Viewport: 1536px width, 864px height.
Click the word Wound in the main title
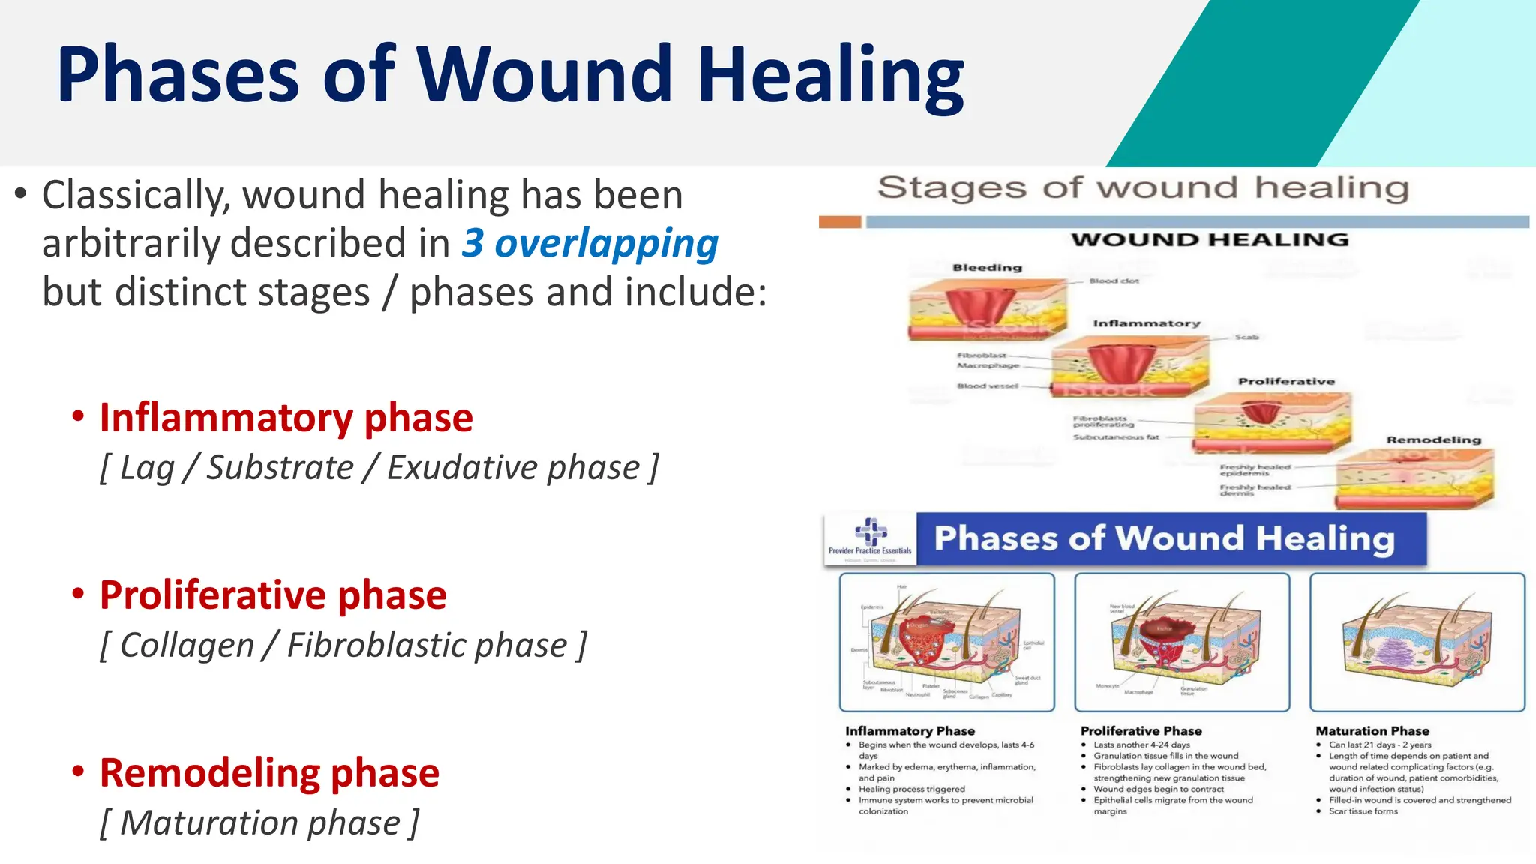tap(544, 74)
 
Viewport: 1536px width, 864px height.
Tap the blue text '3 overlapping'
tap(590, 243)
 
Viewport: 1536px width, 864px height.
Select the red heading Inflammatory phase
tap(286, 418)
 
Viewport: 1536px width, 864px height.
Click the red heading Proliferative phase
tap(273, 595)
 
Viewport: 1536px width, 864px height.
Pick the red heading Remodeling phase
tap(269, 773)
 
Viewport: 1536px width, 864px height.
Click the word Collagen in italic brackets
tap(187, 645)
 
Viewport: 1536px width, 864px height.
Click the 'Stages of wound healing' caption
tap(1143, 188)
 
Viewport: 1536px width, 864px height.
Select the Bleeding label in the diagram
tap(987, 268)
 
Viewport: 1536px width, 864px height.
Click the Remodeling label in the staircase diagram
tap(1433, 439)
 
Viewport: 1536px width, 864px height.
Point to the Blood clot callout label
tap(1114, 280)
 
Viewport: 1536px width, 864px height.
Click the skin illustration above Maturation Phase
tap(1417, 642)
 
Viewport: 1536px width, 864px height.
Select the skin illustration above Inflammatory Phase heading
tap(946, 642)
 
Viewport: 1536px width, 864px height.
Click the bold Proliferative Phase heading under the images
tap(1141, 730)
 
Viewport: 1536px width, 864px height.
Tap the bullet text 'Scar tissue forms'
tap(1363, 811)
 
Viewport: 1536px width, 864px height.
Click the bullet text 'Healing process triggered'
tap(911, 789)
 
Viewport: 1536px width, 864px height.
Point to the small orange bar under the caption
tap(840, 222)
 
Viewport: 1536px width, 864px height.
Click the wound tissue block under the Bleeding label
tap(986, 310)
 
